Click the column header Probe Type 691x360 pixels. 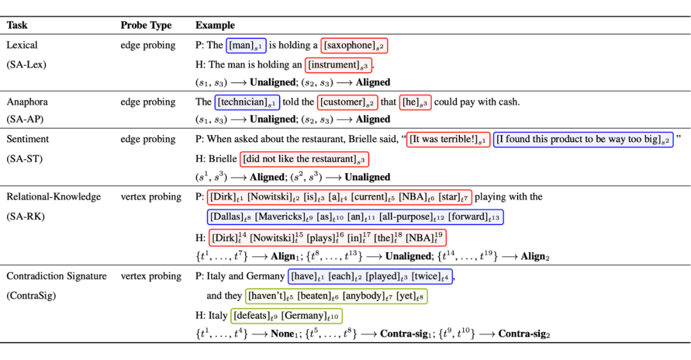[x=146, y=26]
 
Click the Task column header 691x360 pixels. [x=17, y=26]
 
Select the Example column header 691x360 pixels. [x=215, y=26]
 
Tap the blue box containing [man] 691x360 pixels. [x=246, y=45]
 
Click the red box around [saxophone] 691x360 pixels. [x=354, y=45]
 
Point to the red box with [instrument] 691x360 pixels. [x=339, y=65]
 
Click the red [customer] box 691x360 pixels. [x=347, y=102]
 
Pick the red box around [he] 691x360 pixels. [x=415, y=102]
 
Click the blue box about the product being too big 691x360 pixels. [x=583, y=139]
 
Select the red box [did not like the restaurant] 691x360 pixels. [x=304, y=159]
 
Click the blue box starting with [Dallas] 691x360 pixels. [x=355, y=217]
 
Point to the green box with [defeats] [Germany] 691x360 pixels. [x=285, y=316]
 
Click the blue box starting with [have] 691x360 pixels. [x=370, y=277]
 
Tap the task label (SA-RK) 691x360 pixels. [x=25, y=217]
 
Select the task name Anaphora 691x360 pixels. [x=27, y=102]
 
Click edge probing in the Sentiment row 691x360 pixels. [x=148, y=139]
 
